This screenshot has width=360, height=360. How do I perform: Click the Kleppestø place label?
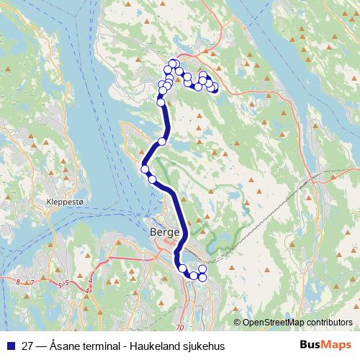(x=65, y=202)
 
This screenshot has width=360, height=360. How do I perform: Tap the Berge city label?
(x=165, y=233)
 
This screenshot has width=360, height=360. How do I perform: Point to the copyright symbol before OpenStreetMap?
(x=238, y=322)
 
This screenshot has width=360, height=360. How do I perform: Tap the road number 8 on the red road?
(x=17, y=282)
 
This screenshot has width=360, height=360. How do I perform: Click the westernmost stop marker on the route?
(x=145, y=169)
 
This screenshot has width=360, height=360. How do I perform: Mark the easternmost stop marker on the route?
(x=215, y=90)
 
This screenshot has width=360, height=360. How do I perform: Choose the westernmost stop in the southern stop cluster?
(x=183, y=269)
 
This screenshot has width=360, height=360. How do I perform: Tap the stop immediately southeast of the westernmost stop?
(x=152, y=179)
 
